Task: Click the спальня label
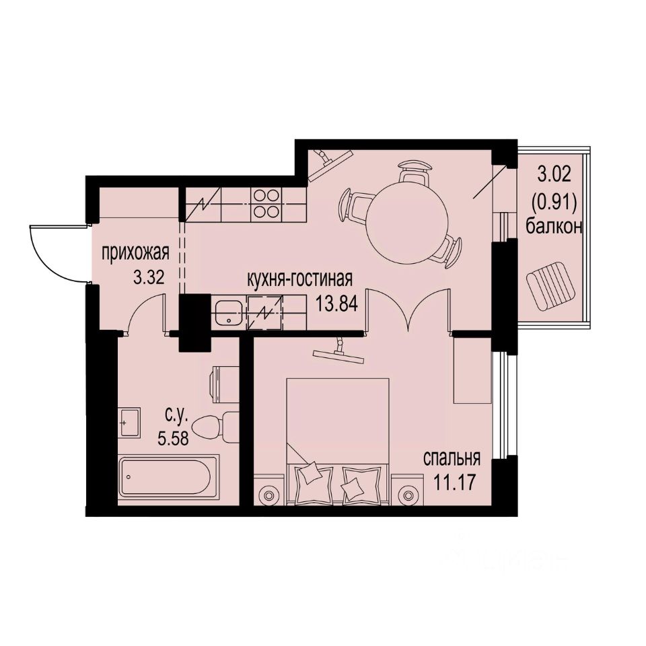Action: point(451,459)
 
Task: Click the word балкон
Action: point(554,226)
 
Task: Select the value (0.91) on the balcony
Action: point(554,201)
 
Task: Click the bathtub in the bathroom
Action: point(168,477)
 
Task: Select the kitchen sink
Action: point(229,313)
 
